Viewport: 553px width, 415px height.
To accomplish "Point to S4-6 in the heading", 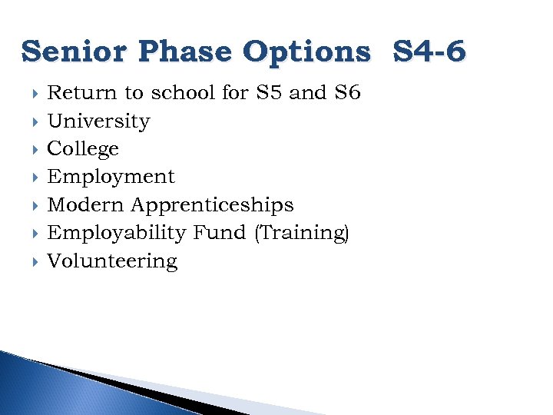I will point(429,52).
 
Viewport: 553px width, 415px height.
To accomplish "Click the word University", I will point(98,121).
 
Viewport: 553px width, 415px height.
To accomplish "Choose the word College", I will point(83,149).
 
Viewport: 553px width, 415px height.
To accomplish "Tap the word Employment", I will point(111,177).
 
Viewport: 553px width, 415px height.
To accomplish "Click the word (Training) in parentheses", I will point(301,233).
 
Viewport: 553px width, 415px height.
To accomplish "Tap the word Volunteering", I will point(112,261).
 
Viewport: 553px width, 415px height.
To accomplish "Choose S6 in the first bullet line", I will point(347,93).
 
